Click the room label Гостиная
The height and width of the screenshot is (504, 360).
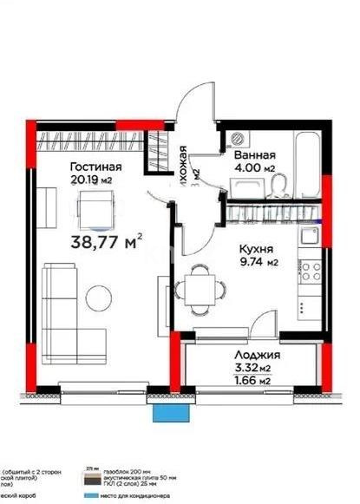pos(96,167)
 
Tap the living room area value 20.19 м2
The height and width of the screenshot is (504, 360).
pos(95,180)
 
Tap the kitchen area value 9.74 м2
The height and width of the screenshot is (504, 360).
pos(259,261)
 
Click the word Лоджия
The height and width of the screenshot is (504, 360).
pos(258,357)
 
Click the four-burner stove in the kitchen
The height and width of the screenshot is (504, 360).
pos(307,270)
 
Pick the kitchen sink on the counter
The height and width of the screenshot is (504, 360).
pos(310,234)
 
